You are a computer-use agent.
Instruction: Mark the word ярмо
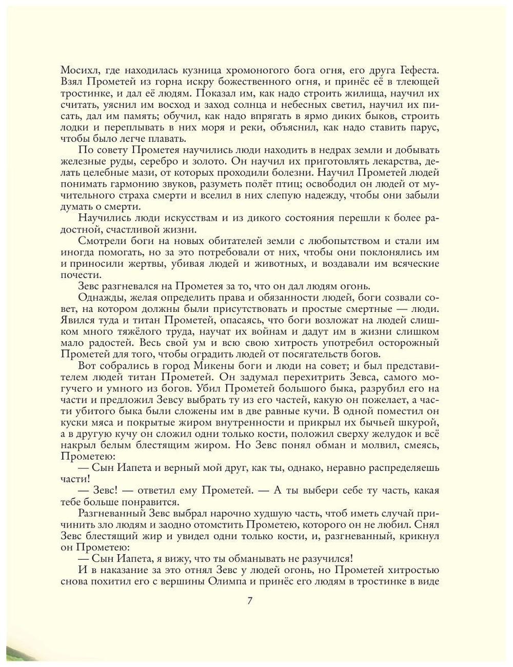[295, 116]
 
